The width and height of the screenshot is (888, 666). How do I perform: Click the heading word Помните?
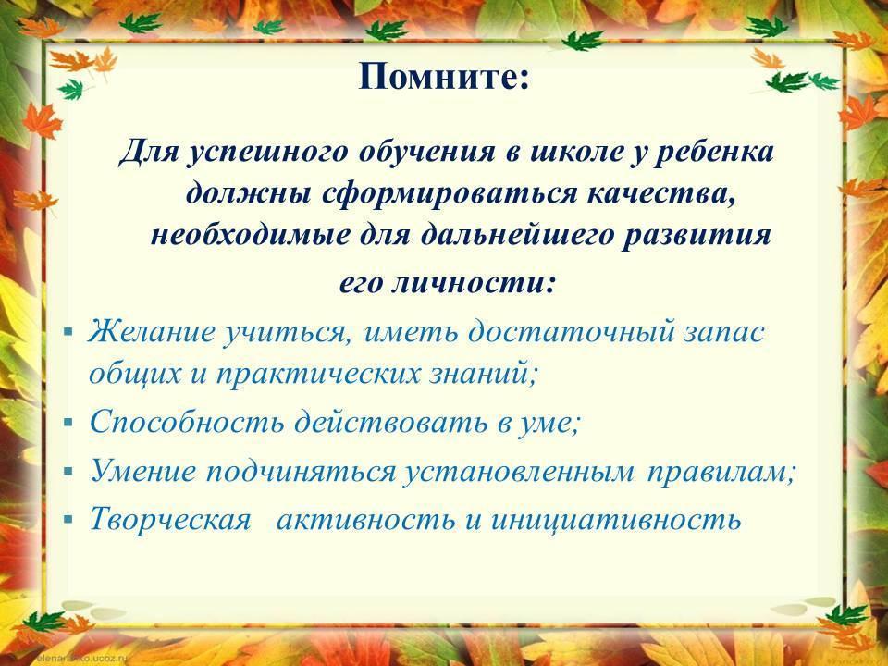pos(438,77)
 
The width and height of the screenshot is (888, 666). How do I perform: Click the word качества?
pos(661,195)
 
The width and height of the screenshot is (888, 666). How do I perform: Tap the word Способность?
pos(186,423)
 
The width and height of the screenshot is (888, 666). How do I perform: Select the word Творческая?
pos(170,519)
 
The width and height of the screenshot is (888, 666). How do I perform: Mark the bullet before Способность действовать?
pos(69,423)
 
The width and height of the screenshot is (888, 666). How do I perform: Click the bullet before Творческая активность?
pos(69,519)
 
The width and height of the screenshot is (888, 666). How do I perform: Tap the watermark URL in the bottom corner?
pos(82,660)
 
